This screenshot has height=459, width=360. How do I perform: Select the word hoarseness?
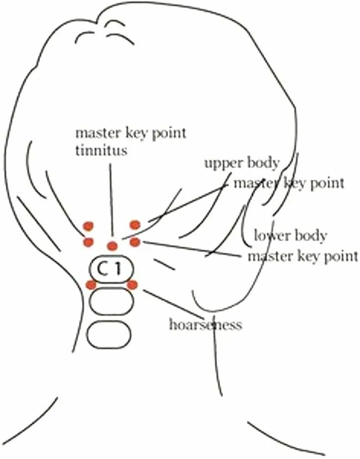[x=205, y=324]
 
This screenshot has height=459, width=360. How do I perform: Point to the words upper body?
[x=241, y=163]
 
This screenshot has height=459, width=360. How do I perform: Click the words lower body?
[x=290, y=236]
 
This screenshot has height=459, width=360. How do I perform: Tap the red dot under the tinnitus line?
[x=112, y=246]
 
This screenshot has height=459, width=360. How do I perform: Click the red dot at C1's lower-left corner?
[x=91, y=285]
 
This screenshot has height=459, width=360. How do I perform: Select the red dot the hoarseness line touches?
[x=132, y=284]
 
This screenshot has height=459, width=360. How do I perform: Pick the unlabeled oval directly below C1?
[x=111, y=301]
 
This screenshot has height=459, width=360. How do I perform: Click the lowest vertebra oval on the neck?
[x=109, y=334]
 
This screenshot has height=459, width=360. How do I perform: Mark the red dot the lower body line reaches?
[x=135, y=242]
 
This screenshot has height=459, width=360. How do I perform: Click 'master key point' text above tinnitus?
[x=130, y=133]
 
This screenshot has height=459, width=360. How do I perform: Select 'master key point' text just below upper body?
[x=288, y=184]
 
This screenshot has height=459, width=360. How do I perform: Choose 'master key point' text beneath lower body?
[x=303, y=256]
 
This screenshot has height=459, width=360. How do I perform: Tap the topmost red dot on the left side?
[x=88, y=226]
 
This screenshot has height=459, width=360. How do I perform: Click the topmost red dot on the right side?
[x=135, y=225]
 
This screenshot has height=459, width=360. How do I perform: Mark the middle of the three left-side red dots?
[x=88, y=242]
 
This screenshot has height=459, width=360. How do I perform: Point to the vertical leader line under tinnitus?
[x=112, y=201]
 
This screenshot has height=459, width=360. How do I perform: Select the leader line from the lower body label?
[x=191, y=249]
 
